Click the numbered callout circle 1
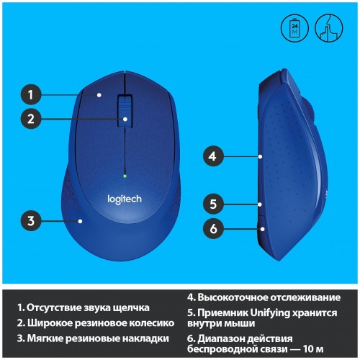point(31,93)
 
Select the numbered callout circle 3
point(31,220)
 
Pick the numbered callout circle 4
point(212,155)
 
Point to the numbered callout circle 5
point(212,204)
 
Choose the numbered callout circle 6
point(212,229)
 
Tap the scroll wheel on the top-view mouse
point(125,112)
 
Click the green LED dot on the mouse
point(125,175)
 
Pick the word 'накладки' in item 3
point(145,338)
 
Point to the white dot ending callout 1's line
point(99,94)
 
